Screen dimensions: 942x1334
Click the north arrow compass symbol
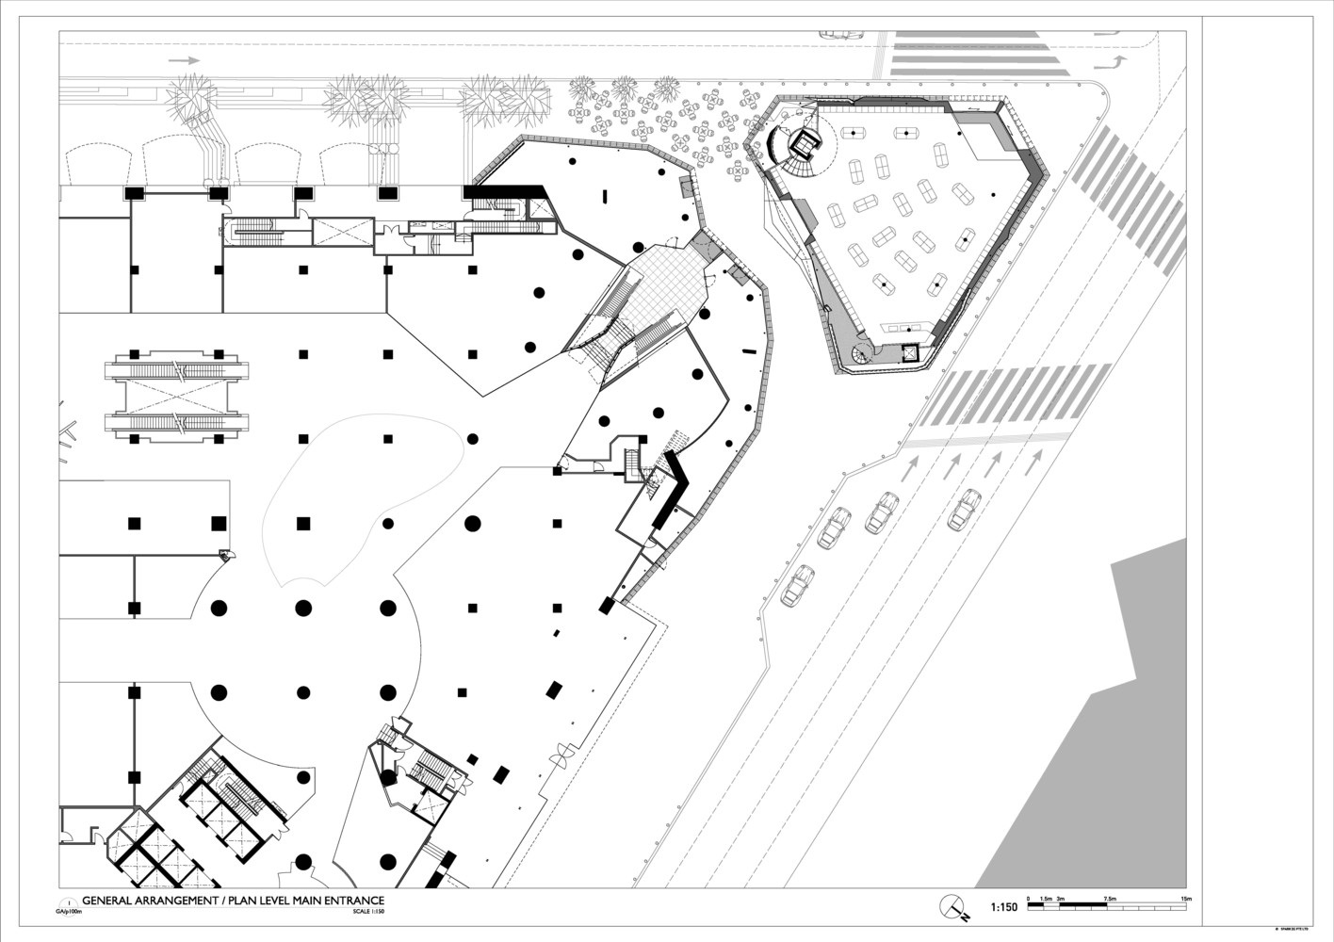pyautogui.click(x=954, y=906)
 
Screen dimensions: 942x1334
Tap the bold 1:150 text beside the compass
pyautogui.click(x=1003, y=908)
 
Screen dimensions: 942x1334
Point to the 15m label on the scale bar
pyautogui.click(x=1187, y=900)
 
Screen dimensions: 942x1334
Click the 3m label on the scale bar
pyautogui.click(x=1060, y=900)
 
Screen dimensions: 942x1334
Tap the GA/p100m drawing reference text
pyautogui.click(x=70, y=912)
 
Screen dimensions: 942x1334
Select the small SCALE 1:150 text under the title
pyautogui.click(x=368, y=912)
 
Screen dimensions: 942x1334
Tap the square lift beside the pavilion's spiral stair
pyautogui.click(x=909, y=353)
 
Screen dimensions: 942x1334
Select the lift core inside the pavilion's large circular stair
pyautogui.click(x=805, y=142)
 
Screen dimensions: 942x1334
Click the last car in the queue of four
pyautogui.click(x=798, y=585)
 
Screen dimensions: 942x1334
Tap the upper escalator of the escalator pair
pyautogui.click(x=177, y=368)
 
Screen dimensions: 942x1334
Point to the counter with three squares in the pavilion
pyautogui.click(x=898, y=326)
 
